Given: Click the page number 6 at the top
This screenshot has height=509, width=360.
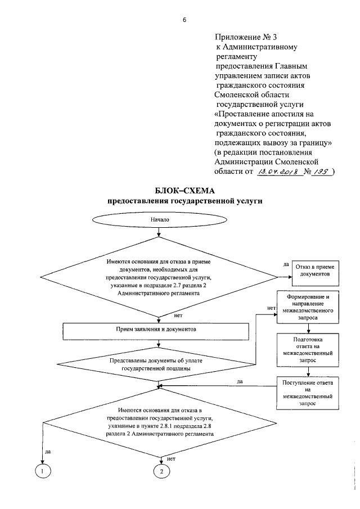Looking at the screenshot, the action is [x=184, y=20].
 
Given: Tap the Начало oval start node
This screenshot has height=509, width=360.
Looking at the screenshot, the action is [x=159, y=220].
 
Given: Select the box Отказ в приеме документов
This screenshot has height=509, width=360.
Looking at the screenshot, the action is [x=315, y=273].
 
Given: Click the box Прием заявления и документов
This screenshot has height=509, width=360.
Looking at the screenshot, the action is [x=156, y=331].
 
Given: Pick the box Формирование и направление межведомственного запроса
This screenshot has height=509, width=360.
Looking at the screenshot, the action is [x=308, y=307].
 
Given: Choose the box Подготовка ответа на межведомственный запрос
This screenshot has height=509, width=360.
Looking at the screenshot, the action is [x=308, y=350].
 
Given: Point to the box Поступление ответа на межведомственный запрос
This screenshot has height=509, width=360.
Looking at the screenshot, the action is [x=308, y=393].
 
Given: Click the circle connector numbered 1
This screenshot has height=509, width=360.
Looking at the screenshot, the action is [x=43, y=471].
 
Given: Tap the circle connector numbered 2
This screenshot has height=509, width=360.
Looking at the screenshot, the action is [x=161, y=471].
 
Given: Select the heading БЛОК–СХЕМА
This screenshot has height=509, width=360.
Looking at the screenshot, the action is [x=184, y=190].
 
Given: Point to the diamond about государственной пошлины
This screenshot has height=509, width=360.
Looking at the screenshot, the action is [x=156, y=364].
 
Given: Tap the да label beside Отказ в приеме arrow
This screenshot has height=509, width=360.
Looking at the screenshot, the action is [x=286, y=264].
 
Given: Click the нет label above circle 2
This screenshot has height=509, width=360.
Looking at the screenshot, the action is [x=171, y=459].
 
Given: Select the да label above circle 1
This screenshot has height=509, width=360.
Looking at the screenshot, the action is [x=48, y=451].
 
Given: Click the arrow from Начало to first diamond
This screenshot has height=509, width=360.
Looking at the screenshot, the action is [x=159, y=232].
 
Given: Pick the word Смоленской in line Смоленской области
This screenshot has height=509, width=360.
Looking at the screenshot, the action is [x=237, y=95].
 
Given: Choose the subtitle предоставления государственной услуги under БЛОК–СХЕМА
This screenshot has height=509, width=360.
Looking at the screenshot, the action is [x=184, y=201].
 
